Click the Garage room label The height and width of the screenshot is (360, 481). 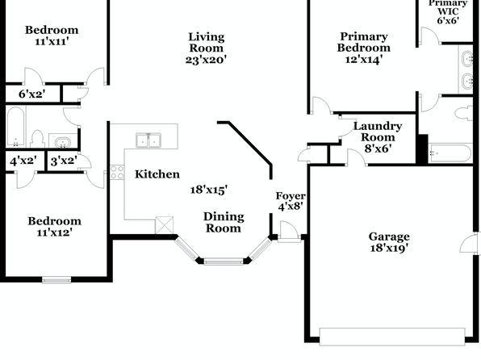389,237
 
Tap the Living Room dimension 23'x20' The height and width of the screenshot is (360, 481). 206,59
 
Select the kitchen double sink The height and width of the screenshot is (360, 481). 148,140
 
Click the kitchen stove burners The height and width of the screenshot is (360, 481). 117,172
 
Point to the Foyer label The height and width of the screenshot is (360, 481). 291,196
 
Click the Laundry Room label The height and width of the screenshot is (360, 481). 378,132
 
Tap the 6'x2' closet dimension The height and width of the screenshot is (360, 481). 32,94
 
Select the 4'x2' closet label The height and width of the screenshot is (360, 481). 23,161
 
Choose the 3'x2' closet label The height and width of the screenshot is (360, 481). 64,161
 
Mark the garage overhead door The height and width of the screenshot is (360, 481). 392,337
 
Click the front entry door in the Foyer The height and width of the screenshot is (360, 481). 289,232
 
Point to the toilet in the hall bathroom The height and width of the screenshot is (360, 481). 37,139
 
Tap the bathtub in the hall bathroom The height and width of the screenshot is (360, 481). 15,127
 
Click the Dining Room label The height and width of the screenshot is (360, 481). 224,223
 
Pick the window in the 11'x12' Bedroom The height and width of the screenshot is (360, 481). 56,280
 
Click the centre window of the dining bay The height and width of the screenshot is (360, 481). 224,262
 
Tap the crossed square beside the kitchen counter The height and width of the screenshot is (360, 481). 165,225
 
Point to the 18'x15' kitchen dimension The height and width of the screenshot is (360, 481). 209,190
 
